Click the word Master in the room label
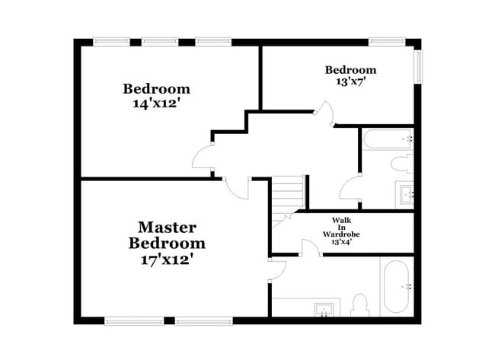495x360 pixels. (167, 227)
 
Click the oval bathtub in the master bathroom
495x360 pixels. (397, 287)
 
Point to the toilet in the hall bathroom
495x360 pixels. (398, 164)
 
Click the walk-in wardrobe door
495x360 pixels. (311, 247)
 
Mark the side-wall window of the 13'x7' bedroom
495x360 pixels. (417, 66)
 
